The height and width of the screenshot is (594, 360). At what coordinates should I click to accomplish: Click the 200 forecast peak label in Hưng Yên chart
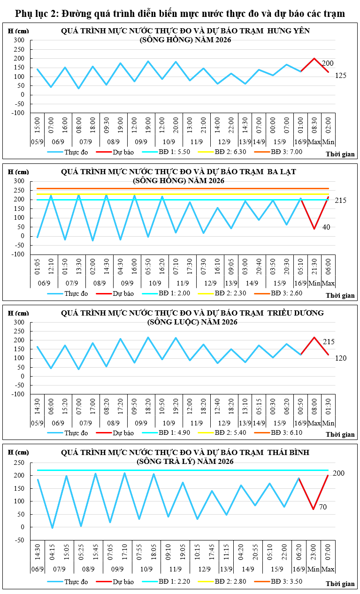pos(328,63)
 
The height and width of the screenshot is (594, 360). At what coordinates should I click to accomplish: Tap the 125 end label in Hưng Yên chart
pos(341,76)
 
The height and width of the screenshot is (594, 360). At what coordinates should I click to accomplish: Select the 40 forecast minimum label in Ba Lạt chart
pos(326,227)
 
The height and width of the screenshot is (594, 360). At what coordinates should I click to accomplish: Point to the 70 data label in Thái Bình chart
pos(323,507)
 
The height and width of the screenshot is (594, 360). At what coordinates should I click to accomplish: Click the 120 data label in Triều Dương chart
pos(341,358)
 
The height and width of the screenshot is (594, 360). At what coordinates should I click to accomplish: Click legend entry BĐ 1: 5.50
pos(166,152)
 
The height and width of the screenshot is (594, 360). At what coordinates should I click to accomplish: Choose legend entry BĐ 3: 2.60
pos(278,293)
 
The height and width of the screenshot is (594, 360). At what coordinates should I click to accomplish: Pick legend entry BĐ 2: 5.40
pos(222,432)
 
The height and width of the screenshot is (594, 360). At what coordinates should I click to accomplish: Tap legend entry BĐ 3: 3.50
pos(278,581)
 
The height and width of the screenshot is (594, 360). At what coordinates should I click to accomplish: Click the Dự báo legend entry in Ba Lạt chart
pos(115,293)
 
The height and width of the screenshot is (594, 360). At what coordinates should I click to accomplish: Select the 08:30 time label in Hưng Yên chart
pos(314,125)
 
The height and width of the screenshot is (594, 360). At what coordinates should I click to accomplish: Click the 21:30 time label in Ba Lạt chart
pos(314,267)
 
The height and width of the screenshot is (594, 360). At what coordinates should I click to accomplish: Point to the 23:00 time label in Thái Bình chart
pos(314,552)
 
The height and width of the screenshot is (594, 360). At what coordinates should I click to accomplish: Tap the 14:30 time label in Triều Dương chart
pos(37,406)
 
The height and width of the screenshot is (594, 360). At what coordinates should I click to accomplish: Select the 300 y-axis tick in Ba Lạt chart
pos(19,181)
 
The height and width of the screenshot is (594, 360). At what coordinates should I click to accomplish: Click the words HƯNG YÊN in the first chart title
pos(289,31)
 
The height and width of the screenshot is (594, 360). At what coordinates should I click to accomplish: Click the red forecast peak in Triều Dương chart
pos(314,337)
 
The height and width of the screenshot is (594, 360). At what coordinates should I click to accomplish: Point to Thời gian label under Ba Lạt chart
pos(340,295)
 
